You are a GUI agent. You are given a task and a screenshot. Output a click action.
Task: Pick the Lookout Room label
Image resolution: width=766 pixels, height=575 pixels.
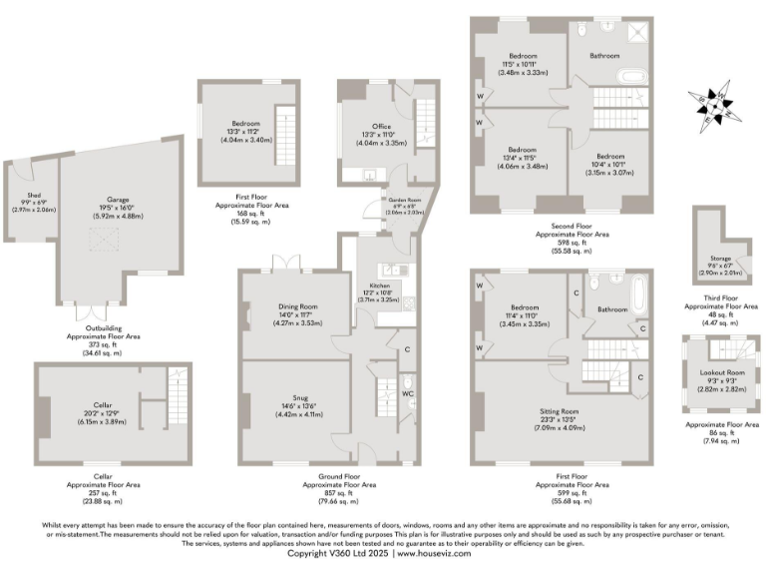718,372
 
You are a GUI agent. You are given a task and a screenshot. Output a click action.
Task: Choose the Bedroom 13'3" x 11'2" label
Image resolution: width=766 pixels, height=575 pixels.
236,123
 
